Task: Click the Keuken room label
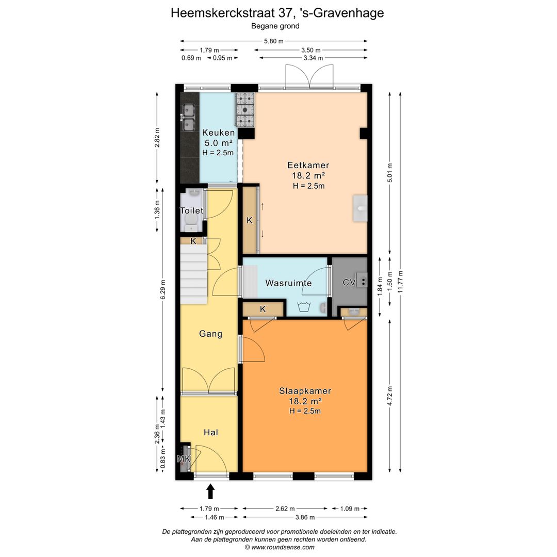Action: tap(218, 133)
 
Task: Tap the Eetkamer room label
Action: tap(308, 165)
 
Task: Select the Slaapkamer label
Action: tap(305, 391)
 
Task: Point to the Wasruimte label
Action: tap(288, 283)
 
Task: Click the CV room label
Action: tap(349, 283)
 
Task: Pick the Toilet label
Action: tap(191, 210)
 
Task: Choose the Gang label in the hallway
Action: tap(210, 334)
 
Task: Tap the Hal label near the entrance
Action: tap(210, 432)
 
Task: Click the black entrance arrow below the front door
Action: tap(210, 492)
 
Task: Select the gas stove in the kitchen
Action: tap(245, 110)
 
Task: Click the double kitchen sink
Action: tap(188, 118)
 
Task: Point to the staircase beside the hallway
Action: tap(193, 274)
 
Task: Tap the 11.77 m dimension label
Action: tap(400, 282)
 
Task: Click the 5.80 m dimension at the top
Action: tap(273, 41)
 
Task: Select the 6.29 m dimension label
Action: tap(163, 290)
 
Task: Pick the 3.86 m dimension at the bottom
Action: tap(305, 517)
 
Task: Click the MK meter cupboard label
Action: tap(184, 459)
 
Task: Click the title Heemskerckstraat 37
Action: tap(232, 13)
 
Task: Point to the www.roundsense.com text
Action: tap(283, 547)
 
